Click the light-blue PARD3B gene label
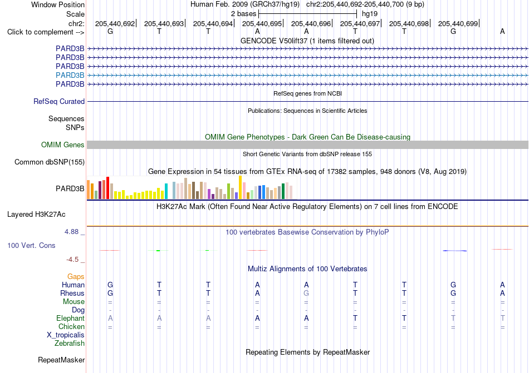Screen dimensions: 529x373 [x=70, y=75]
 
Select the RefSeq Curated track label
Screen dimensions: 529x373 [x=59, y=101]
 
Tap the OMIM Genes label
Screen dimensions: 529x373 [x=63, y=145]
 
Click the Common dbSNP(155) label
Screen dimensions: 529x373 [x=50, y=162]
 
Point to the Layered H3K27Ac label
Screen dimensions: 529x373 [x=36, y=215]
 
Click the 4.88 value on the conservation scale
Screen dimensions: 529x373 [x=71, y=232]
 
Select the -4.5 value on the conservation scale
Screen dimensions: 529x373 [x=72, y=259]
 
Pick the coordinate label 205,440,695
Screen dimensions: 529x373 [x=262, y=23]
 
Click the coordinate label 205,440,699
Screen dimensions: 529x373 [x=458, y=23]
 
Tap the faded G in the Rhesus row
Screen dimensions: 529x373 [x=306, y=293]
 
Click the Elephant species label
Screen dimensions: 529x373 [x=71, y=318]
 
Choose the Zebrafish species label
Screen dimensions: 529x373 [x=70, y=344]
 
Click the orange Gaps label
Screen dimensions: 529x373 [x=76, y=276]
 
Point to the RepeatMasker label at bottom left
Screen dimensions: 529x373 [x=61, y=360]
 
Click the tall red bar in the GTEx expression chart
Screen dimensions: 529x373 [x=107, y=188]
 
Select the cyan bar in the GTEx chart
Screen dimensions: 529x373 [x=166, y=191]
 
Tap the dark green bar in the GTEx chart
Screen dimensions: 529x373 [x=283, y=191]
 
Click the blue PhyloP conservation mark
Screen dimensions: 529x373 [x=455, y=251]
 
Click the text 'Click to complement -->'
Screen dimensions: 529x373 [x=46, y=32]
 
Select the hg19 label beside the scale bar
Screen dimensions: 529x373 [x=369, y=14]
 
